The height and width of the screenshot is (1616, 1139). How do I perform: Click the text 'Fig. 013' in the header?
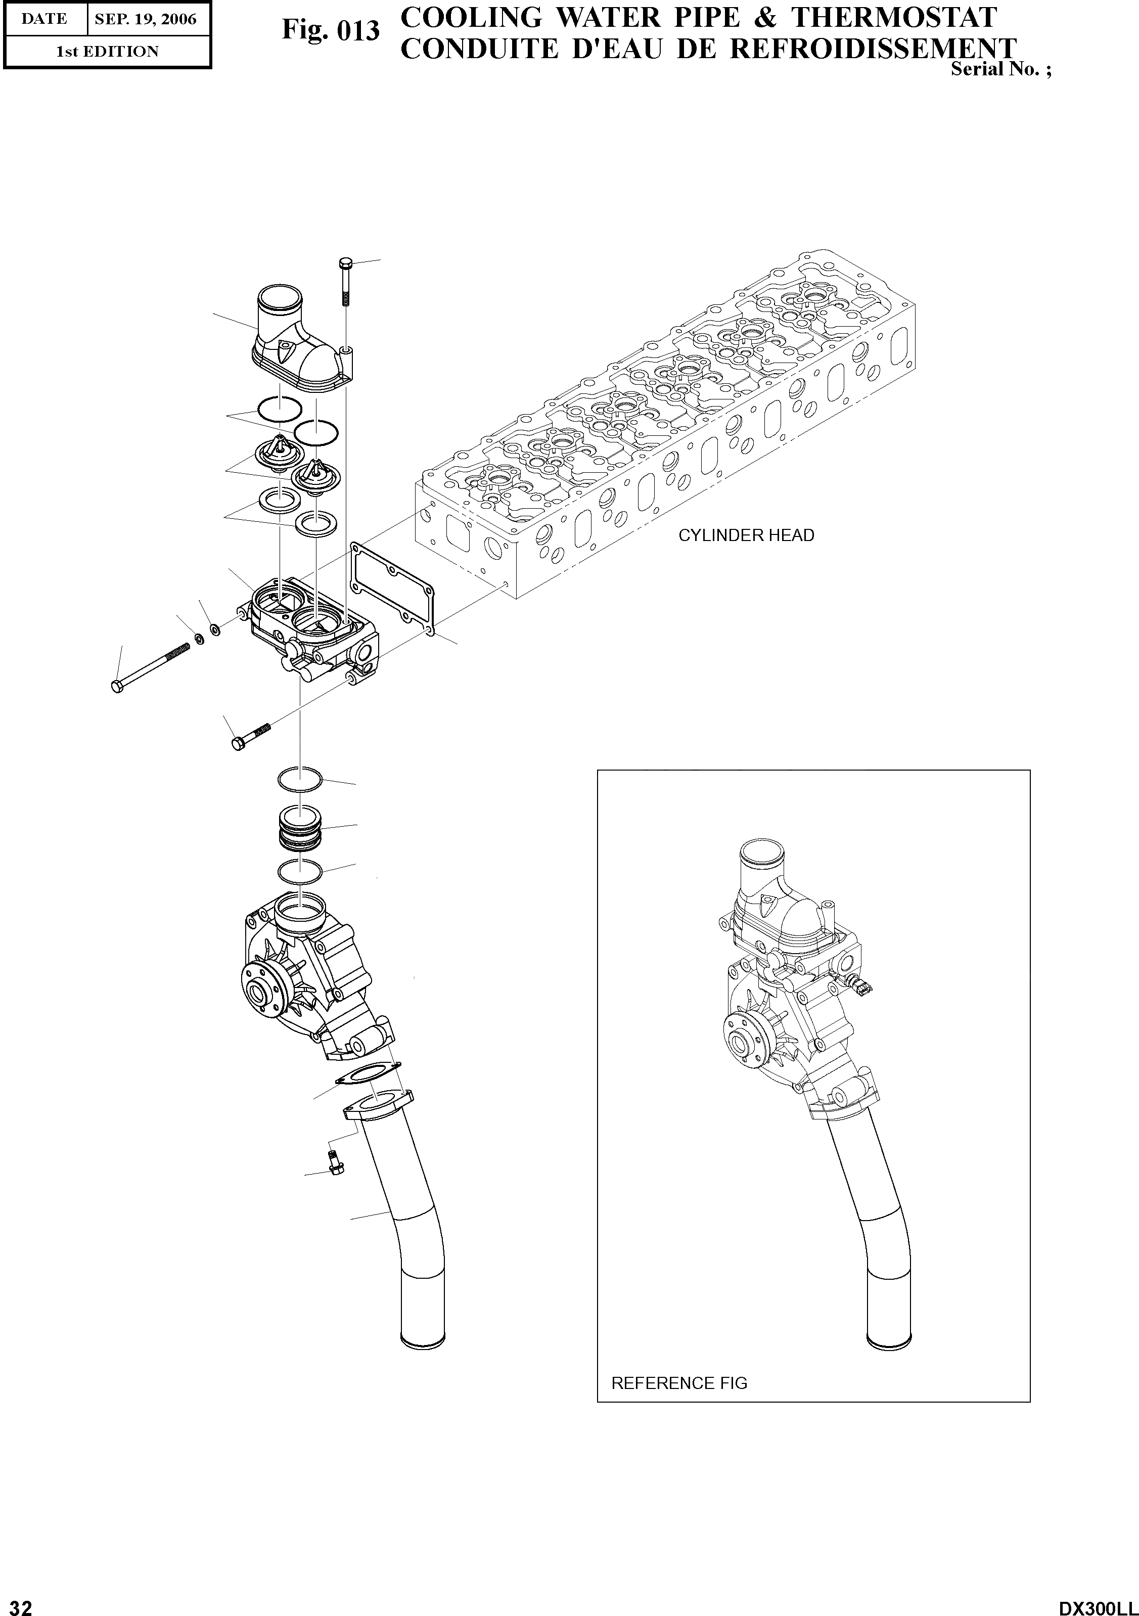330,30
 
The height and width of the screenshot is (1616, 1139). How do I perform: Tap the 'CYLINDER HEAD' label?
746,535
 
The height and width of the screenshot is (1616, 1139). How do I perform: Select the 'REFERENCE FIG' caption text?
679,1383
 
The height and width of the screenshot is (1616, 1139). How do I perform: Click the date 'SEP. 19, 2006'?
146,19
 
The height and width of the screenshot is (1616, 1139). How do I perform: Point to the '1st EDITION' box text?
107,52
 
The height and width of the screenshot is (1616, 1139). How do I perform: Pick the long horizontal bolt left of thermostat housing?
151,666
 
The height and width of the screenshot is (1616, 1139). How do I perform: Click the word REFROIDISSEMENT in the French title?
873,49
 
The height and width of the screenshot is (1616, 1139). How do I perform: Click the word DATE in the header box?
44,19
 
